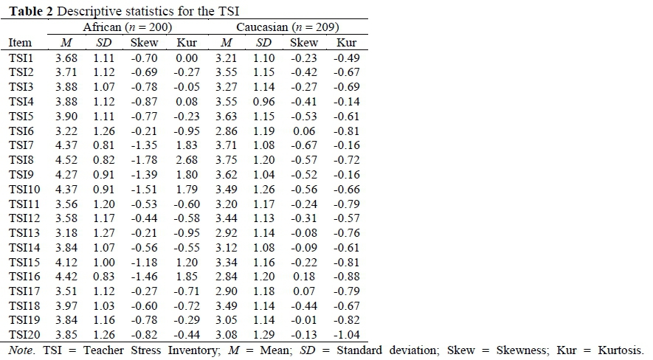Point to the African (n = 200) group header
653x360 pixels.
[127, 27]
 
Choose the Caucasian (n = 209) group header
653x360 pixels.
[287, 27]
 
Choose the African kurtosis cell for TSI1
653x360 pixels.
[187, 58]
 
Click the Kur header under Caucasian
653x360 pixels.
[346, 43]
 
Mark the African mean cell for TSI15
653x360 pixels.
[67, 263]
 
